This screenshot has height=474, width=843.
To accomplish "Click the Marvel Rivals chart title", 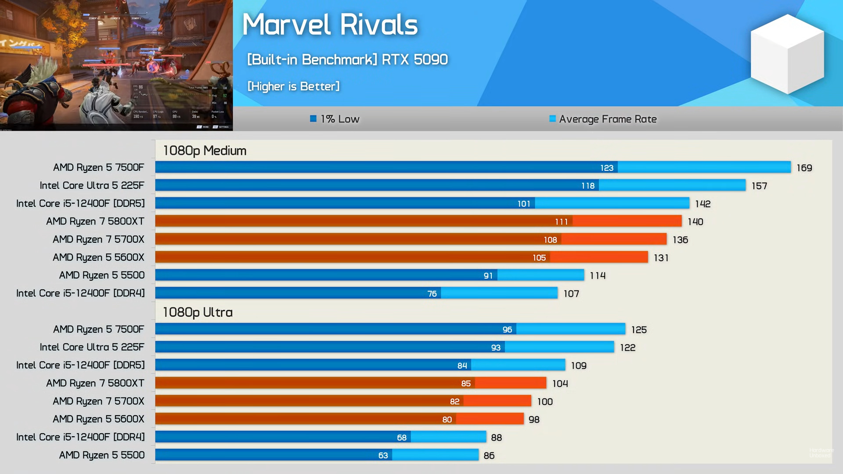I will [x=330, y=25].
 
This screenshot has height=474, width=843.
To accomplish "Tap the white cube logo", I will [x=787, y=54].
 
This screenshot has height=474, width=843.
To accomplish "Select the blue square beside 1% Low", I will [x=313, y=118].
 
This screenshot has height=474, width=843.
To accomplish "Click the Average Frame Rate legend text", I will [x=608, y=119].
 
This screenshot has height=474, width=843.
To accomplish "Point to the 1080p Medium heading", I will [x=205, y=151].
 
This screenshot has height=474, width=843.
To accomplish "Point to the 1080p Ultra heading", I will [x=198, y=312].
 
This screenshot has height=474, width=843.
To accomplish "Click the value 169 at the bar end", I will [x=804, y=168].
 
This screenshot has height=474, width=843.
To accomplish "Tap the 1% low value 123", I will [x=606, y=168].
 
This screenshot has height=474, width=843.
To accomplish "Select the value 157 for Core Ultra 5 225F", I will [x=759, y=186].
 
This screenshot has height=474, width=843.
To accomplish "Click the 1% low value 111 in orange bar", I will [x=561, y=222].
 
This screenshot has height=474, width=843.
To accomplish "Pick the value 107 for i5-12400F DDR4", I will [x=571, y=293].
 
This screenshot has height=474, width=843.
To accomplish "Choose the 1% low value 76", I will [x=432, y=293].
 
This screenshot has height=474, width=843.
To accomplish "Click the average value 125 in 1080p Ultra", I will [x=639, y=330].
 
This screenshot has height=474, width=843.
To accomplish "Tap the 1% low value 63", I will [x=383, y=455].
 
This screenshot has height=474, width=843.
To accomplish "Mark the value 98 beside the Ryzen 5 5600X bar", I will [x=534, y=419].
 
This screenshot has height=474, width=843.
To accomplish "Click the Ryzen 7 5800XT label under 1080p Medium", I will [x=95, y=221].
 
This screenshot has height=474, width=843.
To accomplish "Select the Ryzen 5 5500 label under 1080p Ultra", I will [x=101, y=455].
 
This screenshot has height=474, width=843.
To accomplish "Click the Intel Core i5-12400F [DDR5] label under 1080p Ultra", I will [x=80, y=365].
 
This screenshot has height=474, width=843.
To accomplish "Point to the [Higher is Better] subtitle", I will [x=293, y=86].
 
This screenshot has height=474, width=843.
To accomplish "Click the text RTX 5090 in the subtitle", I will [x=414, y=59].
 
